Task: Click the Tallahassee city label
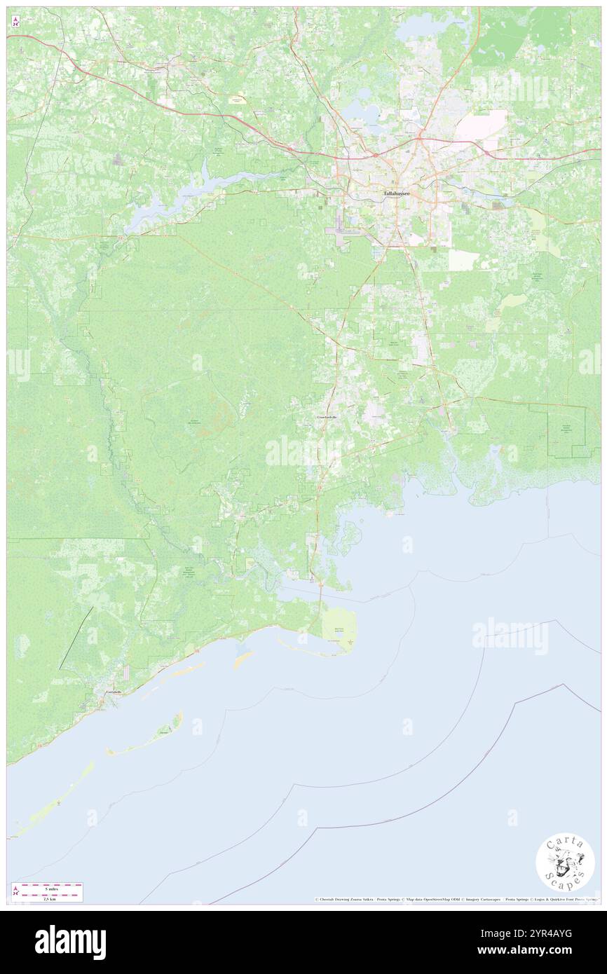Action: (396, 193)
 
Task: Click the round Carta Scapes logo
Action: (565, 863)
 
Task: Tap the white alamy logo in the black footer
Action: (70, 942)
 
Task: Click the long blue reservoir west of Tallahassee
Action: (175, 196)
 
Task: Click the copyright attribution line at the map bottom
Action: (456, 899)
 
